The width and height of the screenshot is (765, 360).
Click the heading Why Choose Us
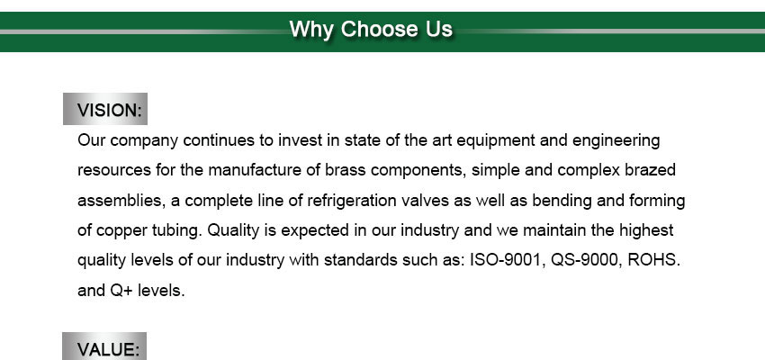pyautogui.click(x=371, y=30)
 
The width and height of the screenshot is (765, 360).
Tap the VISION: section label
pyautogui.click(x=109, y=110)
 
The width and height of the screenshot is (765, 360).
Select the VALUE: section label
pyautogui.click(x=108, y=349)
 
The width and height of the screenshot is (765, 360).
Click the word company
pyautogui.click(x=144, y=141)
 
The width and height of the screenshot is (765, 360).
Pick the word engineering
pyautogui.click(x=616, y=141)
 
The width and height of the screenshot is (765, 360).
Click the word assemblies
pyautogui.click(x=120, y=201)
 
